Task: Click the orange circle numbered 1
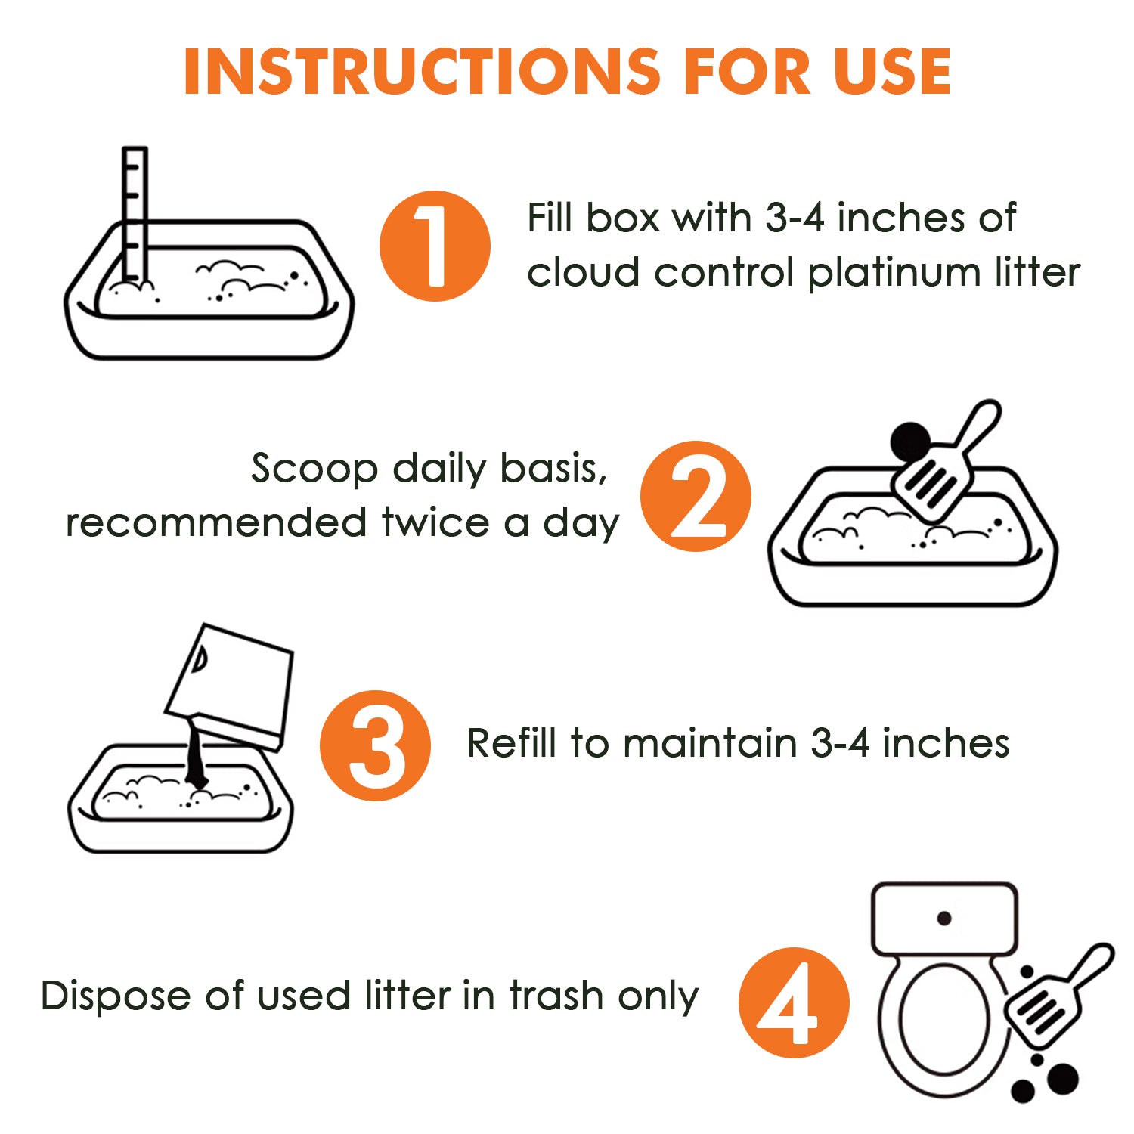pos(435,246)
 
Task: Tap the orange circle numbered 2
pos(696,496)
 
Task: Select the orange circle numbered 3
pos(375,745)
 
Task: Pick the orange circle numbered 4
pos(794,1002)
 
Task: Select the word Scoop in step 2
pos(314,469)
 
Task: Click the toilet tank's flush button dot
pos(944,919)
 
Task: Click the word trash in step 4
pos(558,995)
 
